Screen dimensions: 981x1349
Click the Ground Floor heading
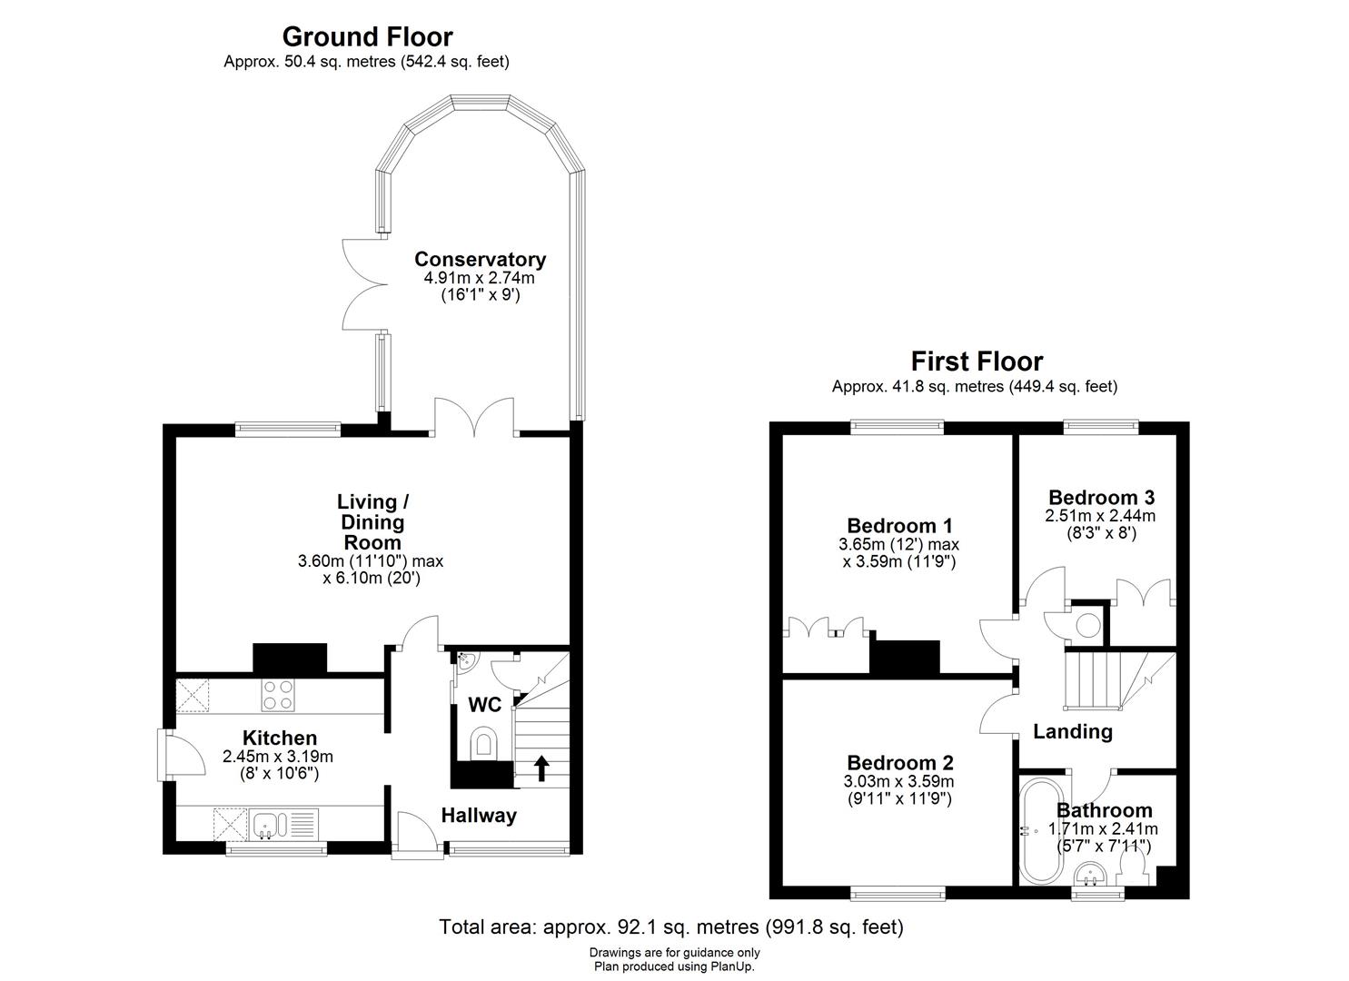click(x=367, y=37)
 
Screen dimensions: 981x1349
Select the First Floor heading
click(x=977, y=362)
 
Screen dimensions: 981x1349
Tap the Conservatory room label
click(x=480, y=260)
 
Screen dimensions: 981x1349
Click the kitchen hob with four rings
click(x=278, y=695)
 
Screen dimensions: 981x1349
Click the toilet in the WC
click(x=484, y=743)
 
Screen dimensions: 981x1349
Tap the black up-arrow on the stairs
click(x=541, y=768)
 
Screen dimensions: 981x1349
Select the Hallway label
click(x=479, y=816)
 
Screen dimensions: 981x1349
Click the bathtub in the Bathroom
click(x=1035, y=830)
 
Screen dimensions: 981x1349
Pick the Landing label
click(x=1072, y=731)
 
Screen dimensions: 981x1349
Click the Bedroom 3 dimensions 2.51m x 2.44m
click(x=1101, y=516)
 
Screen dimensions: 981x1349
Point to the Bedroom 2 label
click(x=899, y=763)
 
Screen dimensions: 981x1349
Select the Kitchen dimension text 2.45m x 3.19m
click(x=277, y=756)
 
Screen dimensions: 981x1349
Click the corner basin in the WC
click(x=464, y=661)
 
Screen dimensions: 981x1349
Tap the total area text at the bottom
click(x=671, y=927)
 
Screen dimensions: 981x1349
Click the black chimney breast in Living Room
click(x=289, y=658)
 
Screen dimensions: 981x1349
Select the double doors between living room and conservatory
click(x=474, y=418)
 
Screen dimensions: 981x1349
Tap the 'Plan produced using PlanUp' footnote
click(x=674, y=966)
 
